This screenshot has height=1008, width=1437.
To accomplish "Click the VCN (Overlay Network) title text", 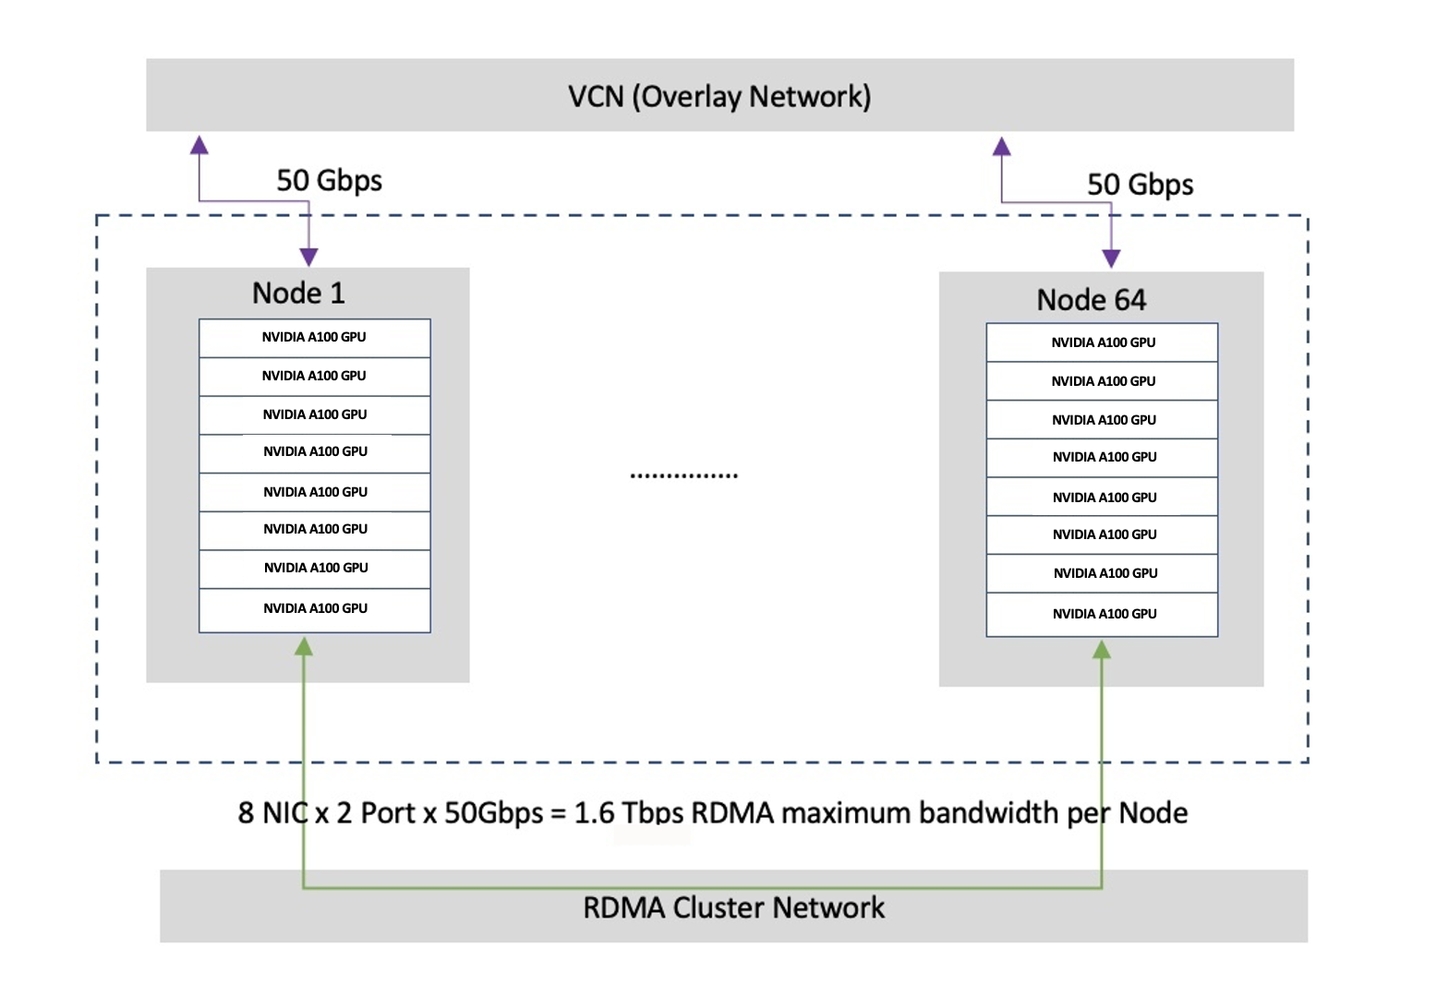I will click(718, 96).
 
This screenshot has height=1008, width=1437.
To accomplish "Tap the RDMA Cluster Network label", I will click(733, 907).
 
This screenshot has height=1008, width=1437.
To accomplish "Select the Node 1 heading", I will click(298, 293).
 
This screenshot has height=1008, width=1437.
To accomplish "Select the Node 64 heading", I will click(1091, 299).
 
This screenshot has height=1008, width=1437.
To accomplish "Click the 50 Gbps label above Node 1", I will click(329, 180).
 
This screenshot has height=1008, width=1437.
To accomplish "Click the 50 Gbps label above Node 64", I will click(1140, 185).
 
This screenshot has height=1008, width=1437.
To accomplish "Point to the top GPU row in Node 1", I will click(314, 338).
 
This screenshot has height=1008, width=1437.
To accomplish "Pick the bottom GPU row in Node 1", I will click(314, 609).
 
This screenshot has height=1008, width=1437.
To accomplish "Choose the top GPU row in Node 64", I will click(1102, 342).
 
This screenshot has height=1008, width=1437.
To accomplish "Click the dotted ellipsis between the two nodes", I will click(683, 475).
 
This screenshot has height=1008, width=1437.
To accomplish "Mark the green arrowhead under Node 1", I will click(303, 646).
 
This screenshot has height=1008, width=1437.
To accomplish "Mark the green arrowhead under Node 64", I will click(1101, 650).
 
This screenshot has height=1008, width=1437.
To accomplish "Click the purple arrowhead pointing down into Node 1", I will click(309, 257).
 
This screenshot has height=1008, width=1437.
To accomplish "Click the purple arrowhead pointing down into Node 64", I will click(1111, 258).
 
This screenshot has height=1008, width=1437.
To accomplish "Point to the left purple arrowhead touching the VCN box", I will click(199, 145).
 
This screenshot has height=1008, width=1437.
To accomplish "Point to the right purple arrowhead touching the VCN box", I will click(1002, 146).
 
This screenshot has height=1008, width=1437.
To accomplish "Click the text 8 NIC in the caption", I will click(273, 812).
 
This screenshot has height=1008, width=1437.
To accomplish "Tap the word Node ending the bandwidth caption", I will click(1153, 812).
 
